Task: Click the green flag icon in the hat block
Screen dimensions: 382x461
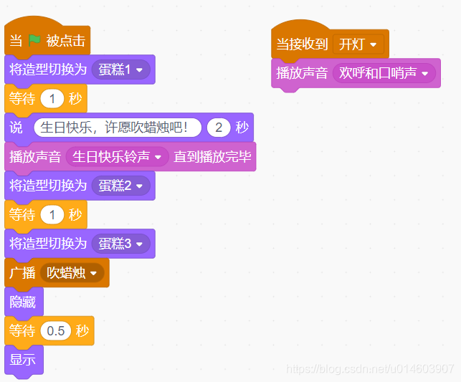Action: pos(35,41)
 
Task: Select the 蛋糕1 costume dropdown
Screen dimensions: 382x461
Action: pos(120,70)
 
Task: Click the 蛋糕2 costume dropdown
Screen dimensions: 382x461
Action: pos(120,186)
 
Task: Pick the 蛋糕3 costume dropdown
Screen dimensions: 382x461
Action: pos(120,244)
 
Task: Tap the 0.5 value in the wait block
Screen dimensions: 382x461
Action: pos(55,331)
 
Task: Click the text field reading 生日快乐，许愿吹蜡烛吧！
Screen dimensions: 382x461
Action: pos(117,128)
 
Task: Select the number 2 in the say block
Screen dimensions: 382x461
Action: pos(218,128)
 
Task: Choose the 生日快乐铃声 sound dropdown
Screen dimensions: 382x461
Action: pos(117,157)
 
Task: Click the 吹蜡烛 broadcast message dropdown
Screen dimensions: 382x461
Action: pos(72,273)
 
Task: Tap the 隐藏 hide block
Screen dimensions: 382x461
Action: pos(23,302)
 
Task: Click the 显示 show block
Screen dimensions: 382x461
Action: pos(23,360)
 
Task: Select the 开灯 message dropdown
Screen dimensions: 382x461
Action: pos(358,44)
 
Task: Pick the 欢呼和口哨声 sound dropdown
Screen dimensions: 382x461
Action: pos(384,73)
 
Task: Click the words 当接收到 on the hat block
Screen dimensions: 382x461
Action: pos(302,44)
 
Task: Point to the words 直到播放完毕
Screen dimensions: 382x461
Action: pos(212,157)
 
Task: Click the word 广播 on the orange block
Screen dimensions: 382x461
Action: pos(22,273)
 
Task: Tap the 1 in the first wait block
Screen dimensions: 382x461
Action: pos(52,99)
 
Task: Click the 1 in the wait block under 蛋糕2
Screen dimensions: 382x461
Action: pos(52,215)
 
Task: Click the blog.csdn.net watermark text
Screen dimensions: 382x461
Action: pos(370,368)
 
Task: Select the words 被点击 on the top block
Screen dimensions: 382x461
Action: pos(66,41)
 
